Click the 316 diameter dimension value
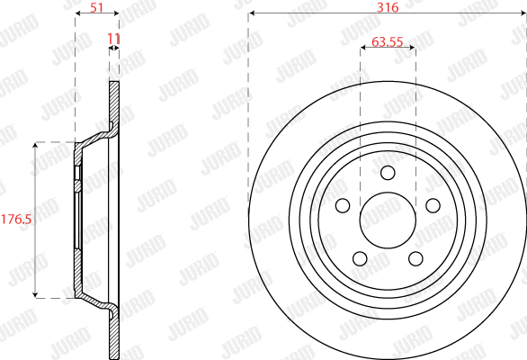click(x=388, y=6)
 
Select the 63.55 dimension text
click(x=388, y=40)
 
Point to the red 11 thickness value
click(x=113, y=38)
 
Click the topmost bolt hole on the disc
click(x=388, y=174)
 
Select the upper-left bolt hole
click(x=343, y=206)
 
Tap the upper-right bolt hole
click(x=433, y=206)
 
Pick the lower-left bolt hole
click(x=360, y=259)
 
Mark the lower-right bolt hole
click(x=415, y=259)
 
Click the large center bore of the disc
click(x=388, y=220)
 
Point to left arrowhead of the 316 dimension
click(x=251, y=13)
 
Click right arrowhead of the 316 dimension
click(x=524, y=13)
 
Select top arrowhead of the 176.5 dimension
click(x=35, y=144)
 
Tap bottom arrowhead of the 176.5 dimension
click(x=35, y=294)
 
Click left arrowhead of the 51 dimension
click(x=78, y=13)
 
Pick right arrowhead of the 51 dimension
click(x=116, y=13)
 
